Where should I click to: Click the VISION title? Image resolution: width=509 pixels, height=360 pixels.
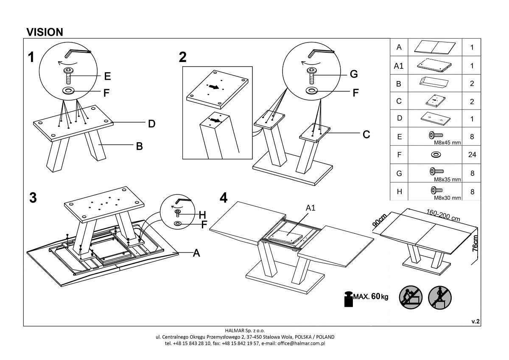click(45, 32)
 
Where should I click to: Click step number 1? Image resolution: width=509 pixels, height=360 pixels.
click(31, 57)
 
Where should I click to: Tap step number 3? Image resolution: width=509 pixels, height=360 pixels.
click(33, 198)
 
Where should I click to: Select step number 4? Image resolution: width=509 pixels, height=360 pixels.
click(224, 198)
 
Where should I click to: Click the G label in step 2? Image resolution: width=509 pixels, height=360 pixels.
click(354, 75)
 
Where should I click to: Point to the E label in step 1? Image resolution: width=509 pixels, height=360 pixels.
click(107, 76)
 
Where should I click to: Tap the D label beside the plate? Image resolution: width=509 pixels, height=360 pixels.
click(151, 124)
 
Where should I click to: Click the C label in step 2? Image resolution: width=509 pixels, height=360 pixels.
click(366, 135)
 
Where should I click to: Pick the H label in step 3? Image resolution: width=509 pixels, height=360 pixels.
click(202, 214)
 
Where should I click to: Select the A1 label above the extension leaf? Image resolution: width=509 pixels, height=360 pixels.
click(311, 208)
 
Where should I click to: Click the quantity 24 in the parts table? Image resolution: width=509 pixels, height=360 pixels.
click(472, 155)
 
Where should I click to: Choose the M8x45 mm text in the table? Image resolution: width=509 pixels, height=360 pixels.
click(447, 143)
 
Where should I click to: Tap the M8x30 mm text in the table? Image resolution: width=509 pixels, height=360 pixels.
click(447, 198)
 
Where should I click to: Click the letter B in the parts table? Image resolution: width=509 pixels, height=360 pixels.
click(399, 84)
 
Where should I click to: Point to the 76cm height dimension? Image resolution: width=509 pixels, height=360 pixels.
click(475, 244)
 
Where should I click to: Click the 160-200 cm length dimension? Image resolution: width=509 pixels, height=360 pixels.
click(443, 215)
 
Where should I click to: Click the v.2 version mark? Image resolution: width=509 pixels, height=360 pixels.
click(475, 322)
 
